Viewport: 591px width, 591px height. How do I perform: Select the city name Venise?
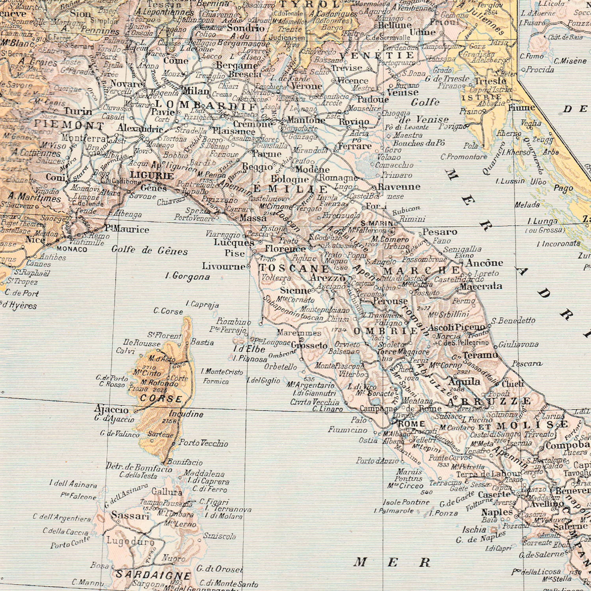click(x=402, y=92)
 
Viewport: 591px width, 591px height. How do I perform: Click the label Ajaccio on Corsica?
click(x=111, y=409)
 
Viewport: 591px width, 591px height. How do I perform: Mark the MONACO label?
click(x=72, y=249)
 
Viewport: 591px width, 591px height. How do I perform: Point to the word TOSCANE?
click(x=294, y=269)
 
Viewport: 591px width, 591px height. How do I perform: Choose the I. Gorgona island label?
click(x=187, y=277)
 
